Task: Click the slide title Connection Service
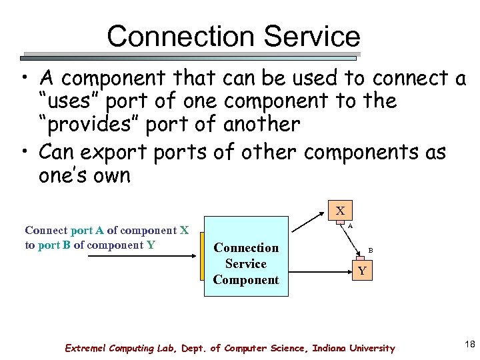233,36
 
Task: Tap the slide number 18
469,344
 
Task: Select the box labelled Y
361,271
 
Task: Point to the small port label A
350,226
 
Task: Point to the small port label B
371,251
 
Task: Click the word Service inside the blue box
246,264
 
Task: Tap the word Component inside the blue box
246,280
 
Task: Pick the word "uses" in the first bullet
69,102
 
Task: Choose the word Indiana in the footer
331,348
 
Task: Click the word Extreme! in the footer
85,348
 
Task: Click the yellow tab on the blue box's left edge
203,256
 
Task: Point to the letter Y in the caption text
151,245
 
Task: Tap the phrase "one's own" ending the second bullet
85,176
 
